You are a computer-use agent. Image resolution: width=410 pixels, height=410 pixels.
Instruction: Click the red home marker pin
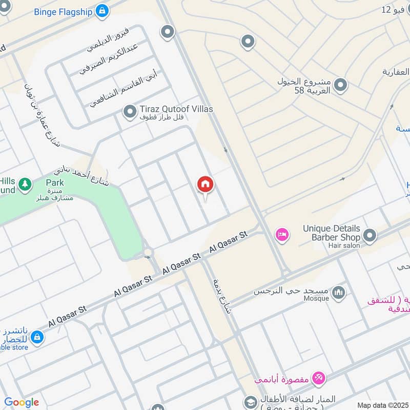tap(206, 185)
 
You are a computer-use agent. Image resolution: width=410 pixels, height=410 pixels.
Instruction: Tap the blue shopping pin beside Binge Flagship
tap(102, 10)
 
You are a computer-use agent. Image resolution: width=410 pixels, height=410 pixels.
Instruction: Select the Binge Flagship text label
tap(64, 11)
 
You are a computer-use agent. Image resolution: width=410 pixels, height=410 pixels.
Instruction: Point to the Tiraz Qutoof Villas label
tap(176, 109)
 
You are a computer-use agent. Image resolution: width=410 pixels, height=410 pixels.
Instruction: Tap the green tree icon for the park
tap(24, 183)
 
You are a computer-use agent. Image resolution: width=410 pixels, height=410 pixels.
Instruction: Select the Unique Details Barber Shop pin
tap(369, 236)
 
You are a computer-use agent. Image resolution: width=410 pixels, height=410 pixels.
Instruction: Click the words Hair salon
tap(344, 245)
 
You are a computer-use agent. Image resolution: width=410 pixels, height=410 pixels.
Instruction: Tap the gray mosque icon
tap(338, 293)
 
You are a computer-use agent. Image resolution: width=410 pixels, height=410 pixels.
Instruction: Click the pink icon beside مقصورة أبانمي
tap(319, 379)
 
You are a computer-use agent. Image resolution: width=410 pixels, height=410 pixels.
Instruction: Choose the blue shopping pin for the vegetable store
tap(36, 337)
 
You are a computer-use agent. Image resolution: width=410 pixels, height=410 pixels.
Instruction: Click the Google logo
tap(21, 402)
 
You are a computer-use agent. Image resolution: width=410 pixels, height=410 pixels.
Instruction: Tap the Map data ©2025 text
tap(382, 405)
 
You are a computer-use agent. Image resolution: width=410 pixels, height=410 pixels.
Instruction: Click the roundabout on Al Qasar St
tap(149, 252)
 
